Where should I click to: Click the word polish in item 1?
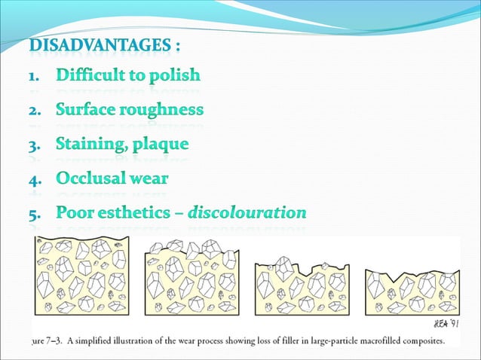pos(173,75)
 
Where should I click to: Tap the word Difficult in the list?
pos(90,75)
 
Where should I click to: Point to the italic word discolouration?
pos(247,213)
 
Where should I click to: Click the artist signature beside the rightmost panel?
pos(444,323)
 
